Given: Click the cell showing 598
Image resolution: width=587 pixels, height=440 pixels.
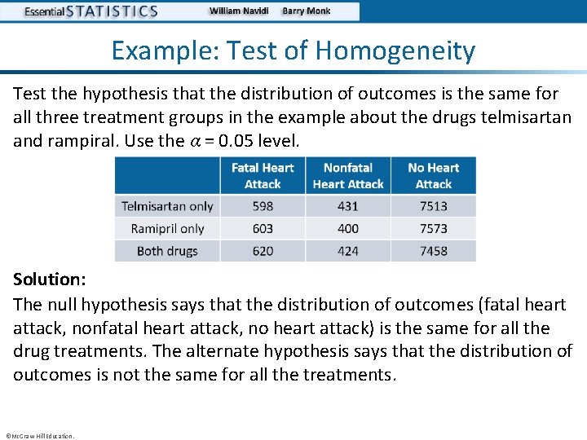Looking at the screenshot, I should coord(263,206).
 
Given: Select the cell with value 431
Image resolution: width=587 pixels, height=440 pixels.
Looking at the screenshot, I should coord(348,206).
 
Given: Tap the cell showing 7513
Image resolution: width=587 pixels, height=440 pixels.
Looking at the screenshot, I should coord(434,206).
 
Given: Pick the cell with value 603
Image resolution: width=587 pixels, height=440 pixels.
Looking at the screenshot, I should coord(263,229).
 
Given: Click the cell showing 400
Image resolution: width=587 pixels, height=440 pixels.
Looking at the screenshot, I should coord(348,229).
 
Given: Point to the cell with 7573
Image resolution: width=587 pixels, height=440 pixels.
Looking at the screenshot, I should coord(434,229).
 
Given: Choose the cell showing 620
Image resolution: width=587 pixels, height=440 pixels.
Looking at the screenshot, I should coord(263,251).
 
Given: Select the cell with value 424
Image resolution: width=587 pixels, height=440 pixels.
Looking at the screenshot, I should coord(348,251).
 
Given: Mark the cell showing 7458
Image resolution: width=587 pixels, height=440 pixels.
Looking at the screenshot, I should coord(434,251).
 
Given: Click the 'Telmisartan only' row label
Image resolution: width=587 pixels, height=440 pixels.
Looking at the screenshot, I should coord(167,206).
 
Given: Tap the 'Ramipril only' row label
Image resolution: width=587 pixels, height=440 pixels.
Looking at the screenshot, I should coord(167,229).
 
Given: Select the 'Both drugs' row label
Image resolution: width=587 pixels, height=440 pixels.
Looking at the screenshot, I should coord(167,251).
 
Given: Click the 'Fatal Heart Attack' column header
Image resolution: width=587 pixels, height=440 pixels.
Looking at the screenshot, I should coord(263,176).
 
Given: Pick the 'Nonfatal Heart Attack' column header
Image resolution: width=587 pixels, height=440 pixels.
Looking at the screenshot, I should coord(348,176).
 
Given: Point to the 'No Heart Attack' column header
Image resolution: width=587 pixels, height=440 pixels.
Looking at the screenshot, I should coord(434,176).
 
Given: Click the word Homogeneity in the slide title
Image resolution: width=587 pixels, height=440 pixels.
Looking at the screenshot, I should coord(395,51).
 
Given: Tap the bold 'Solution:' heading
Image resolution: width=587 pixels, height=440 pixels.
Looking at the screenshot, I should coord(49,279).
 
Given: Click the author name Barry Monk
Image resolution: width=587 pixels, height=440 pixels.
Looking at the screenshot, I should coord(307,11).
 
